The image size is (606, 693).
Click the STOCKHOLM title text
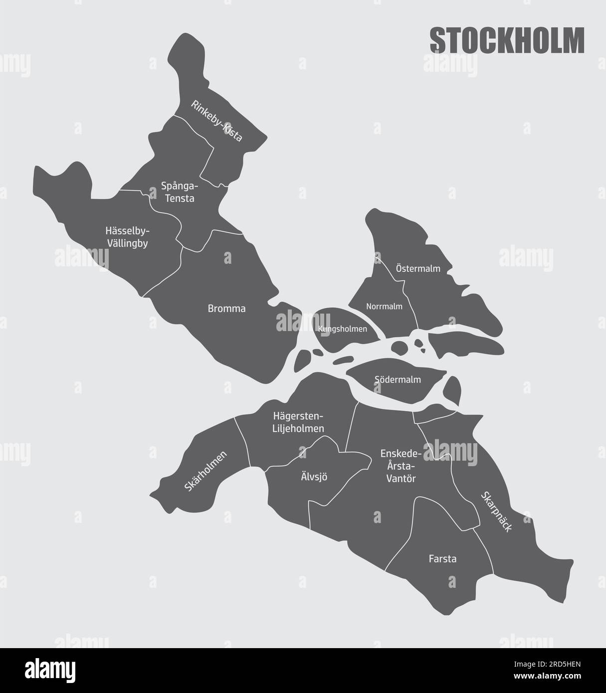click(507, 40)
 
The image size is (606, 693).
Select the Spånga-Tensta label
click(180, 192)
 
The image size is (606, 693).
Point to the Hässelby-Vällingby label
click(127, 237)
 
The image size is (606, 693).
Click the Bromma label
click(226, 309)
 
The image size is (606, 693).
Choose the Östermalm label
click(418, 269)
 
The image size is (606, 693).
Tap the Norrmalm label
click(384, 306)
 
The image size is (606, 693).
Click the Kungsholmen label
click(342, 329)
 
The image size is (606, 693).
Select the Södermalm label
click(398, 379)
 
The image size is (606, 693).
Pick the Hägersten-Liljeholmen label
click(298, 422)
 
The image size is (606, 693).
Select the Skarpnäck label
click(496, 512)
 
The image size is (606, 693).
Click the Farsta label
click(442, 559)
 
